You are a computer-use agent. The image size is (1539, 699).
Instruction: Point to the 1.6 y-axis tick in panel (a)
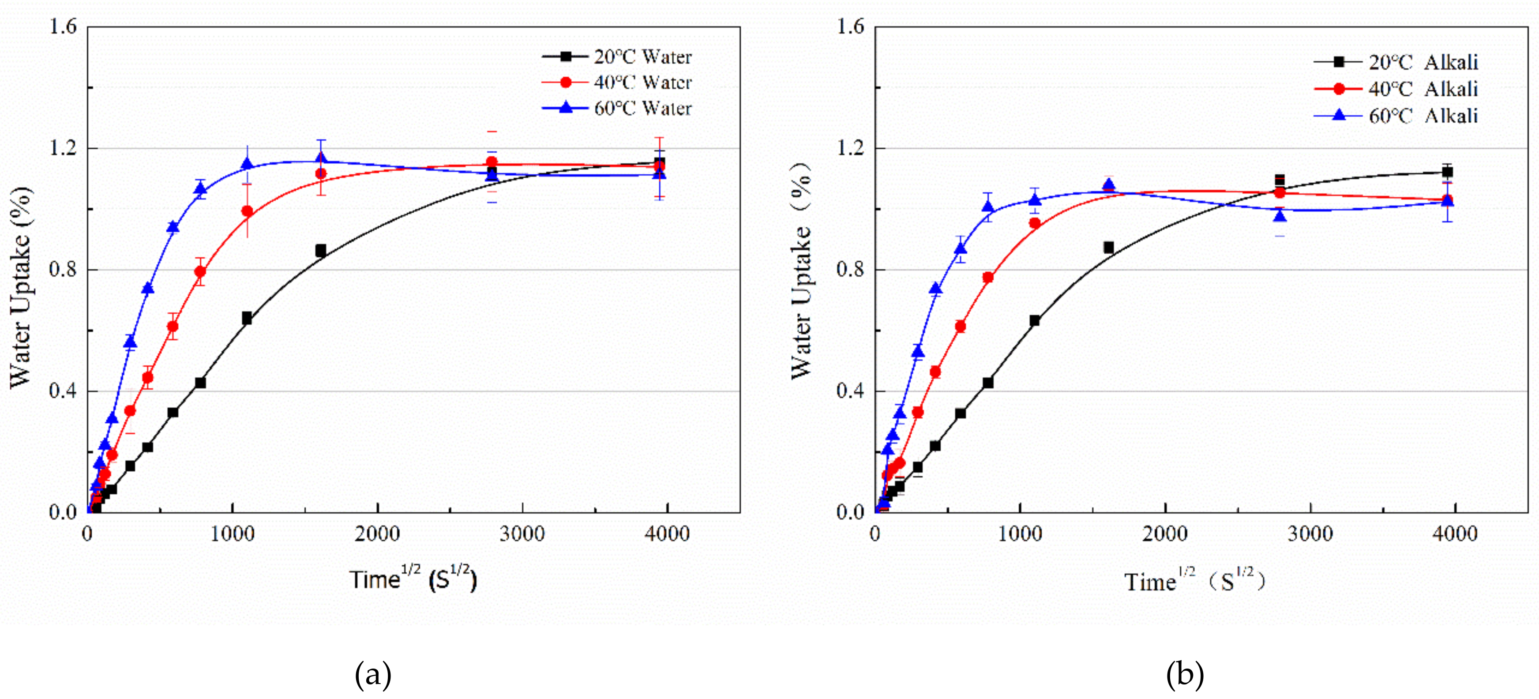(64, 27)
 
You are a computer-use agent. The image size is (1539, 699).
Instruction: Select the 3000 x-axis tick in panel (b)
(1310, 534)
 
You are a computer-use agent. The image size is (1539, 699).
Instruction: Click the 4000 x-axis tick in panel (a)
(667, 534)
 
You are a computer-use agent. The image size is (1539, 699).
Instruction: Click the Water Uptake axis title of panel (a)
(21, 287)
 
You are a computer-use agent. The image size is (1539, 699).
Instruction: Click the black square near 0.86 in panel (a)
(321, 250)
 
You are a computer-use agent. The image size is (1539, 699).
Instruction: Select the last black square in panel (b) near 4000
(1447, 172)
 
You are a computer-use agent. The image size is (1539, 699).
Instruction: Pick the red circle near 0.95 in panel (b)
(1035, 223)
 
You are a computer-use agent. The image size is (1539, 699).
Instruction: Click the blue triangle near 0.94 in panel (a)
(173, 227)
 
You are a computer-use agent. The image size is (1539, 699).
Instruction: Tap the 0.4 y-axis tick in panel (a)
(64, 391)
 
